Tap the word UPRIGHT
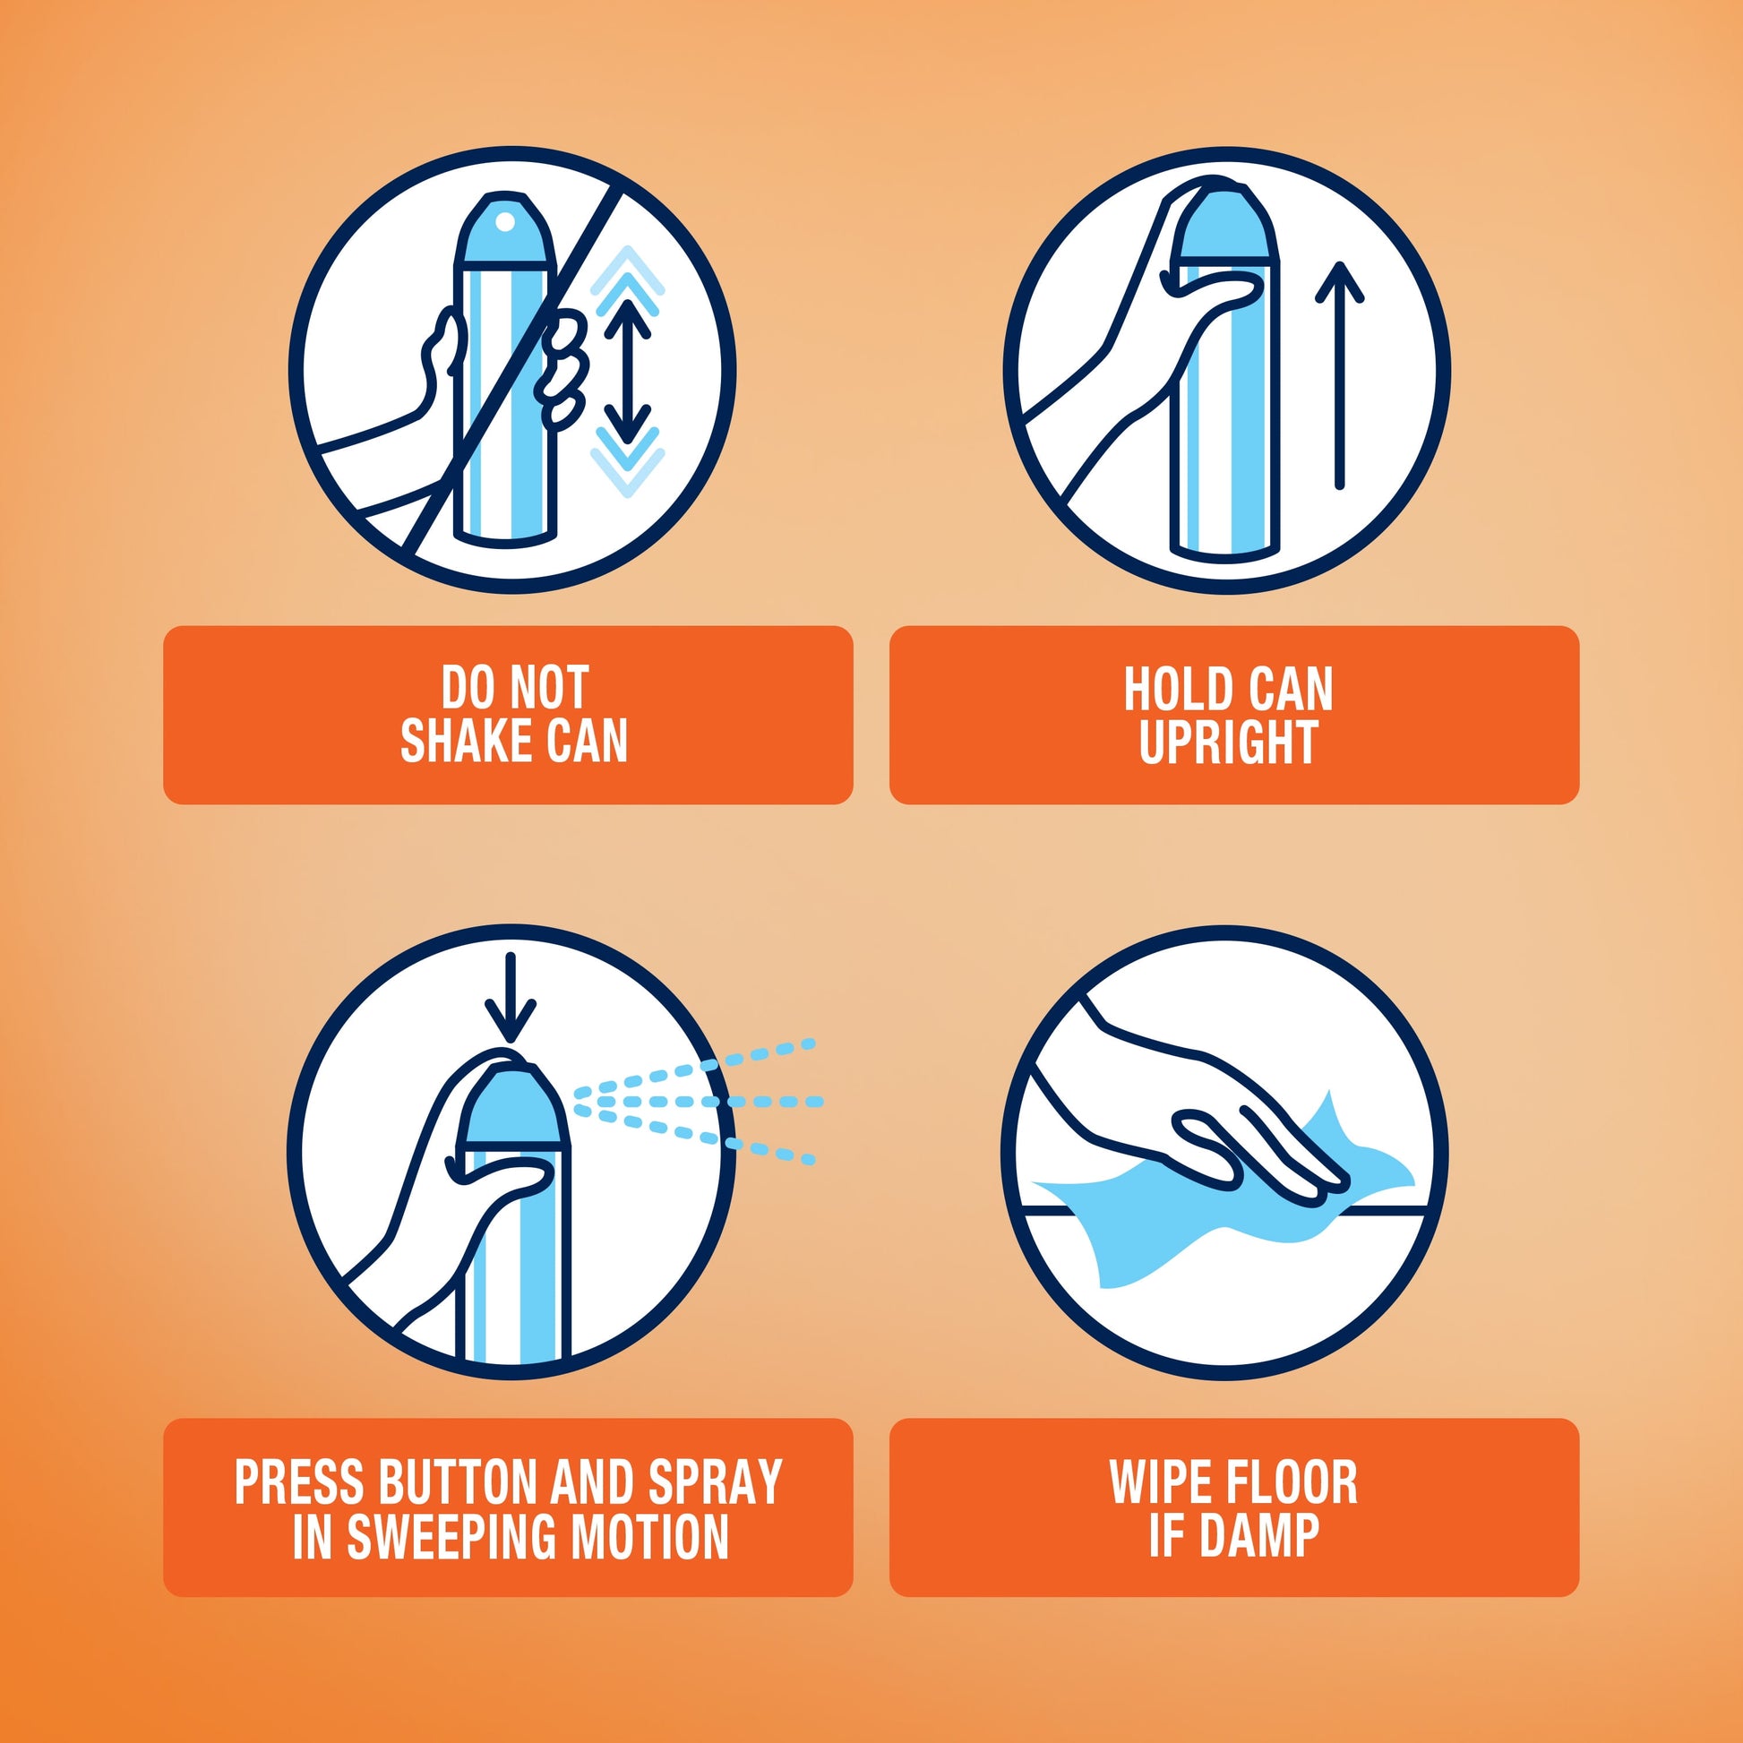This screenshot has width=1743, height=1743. click(x=1229, y=743)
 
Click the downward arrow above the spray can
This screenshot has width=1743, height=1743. click(x=511, y=998)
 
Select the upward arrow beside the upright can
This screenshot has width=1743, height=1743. click(x=1340, y=375)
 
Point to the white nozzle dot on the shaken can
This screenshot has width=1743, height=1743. click(x=505, y=222)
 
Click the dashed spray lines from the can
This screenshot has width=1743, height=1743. click(x=697, y=1101)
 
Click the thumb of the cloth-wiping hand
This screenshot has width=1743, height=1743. click(x=1209, y=1145)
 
